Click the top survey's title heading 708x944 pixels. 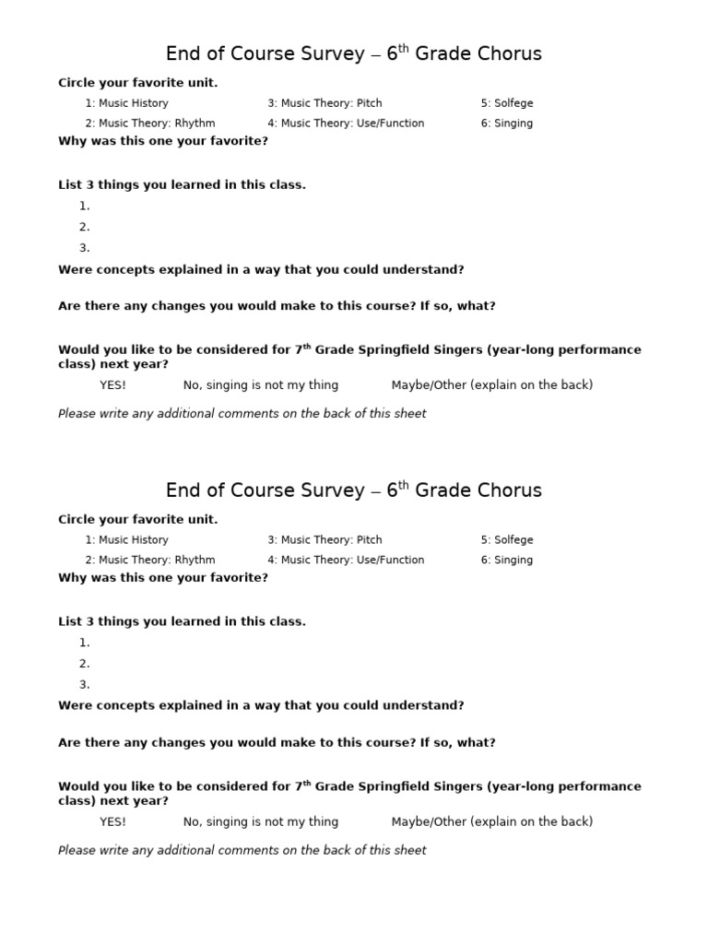coord(353,54)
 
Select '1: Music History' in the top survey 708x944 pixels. coord(127,103)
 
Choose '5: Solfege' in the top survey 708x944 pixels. coord(506,103)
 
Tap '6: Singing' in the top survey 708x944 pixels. coord(506,124)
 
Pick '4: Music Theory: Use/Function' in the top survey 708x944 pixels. coord(346,124)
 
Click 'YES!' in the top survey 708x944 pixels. coord(112,385)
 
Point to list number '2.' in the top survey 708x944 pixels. coord(85,228)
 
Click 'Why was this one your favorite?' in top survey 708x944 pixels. coord(163,142)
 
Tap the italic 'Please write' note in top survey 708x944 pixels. coord(242,414)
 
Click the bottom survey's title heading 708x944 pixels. coord(353,490)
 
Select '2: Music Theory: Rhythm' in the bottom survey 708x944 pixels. coord(150,560)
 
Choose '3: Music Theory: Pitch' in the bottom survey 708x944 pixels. coord(324,540)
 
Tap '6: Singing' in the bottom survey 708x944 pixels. coord(506,560)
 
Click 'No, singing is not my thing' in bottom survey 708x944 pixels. coord(261,822)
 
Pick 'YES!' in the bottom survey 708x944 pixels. coord(112,822)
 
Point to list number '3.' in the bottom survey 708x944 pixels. coord(85,685)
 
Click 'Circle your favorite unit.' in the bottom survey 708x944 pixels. coord(138,520)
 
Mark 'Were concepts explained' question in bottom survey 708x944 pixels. coord(261,706)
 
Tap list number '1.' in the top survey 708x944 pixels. coord(85,206)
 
